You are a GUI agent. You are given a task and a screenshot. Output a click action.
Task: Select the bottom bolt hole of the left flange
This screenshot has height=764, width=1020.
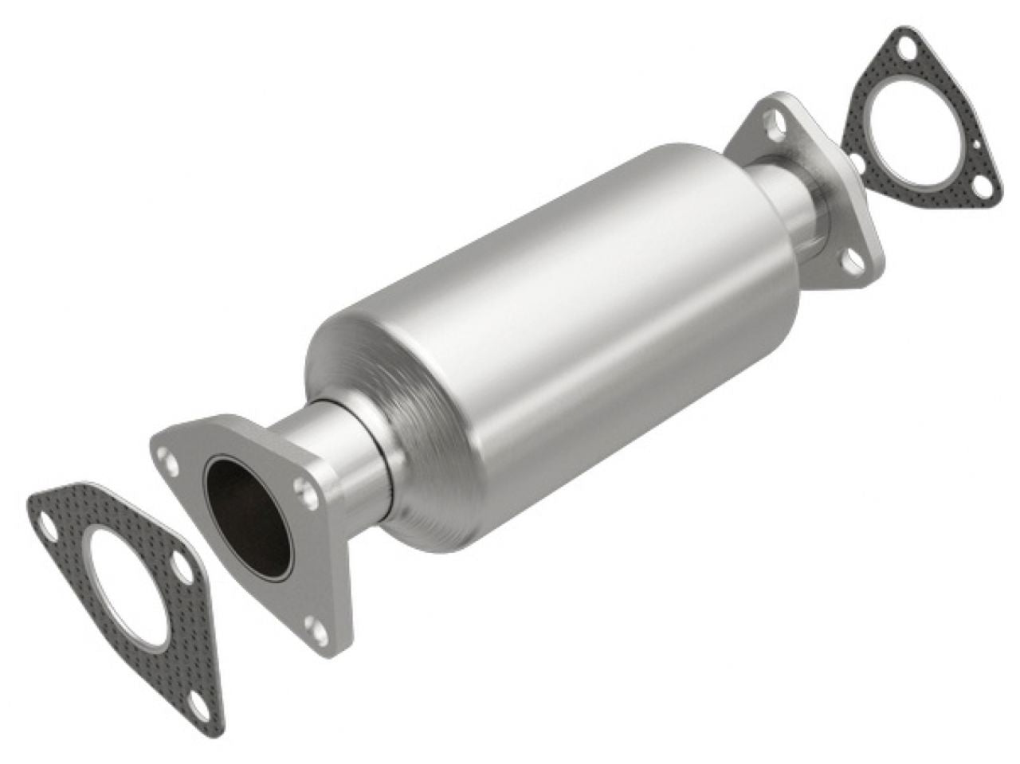pyautogui.click(x=319, y=634)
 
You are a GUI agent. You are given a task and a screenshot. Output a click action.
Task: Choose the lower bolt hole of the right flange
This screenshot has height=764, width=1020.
pyautogui.click(x=853, y=258)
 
